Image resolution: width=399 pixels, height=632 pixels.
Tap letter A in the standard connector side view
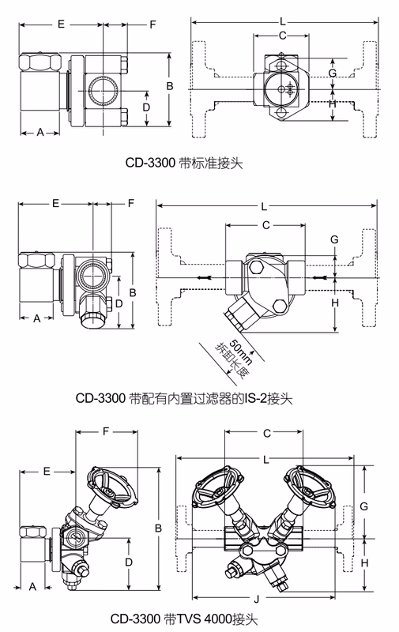point(40,132)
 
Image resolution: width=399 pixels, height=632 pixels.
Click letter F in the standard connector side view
point(152,24)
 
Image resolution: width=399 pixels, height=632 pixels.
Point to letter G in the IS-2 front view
point(334,239)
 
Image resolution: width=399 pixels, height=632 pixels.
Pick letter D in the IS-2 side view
point(119,303)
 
